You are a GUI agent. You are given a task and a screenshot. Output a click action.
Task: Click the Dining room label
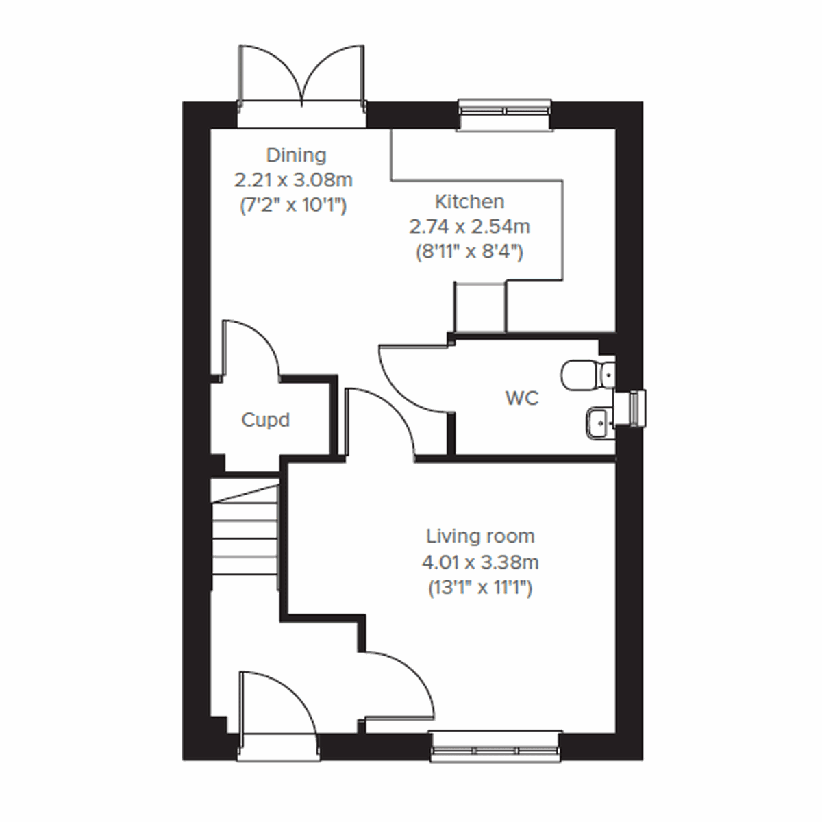[296, 155]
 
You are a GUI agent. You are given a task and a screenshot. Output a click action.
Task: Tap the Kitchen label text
[469, 201]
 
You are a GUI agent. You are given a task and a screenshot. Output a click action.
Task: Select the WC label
[522, 398]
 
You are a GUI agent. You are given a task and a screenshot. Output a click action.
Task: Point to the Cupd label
[265, 420]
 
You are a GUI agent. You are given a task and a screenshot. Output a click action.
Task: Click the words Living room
[480, 536]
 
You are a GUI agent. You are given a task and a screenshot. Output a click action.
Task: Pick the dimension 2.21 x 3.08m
[293, 180]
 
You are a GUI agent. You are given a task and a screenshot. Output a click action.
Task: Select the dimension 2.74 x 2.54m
[469, 226]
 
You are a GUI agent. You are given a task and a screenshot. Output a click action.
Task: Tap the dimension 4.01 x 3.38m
[480, 562]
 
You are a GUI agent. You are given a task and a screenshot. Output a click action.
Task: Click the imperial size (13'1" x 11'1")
[480, 588]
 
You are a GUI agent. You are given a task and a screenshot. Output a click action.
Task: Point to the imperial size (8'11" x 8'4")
[469, 251]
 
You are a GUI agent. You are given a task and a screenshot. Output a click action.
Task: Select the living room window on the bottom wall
[496, 747]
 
